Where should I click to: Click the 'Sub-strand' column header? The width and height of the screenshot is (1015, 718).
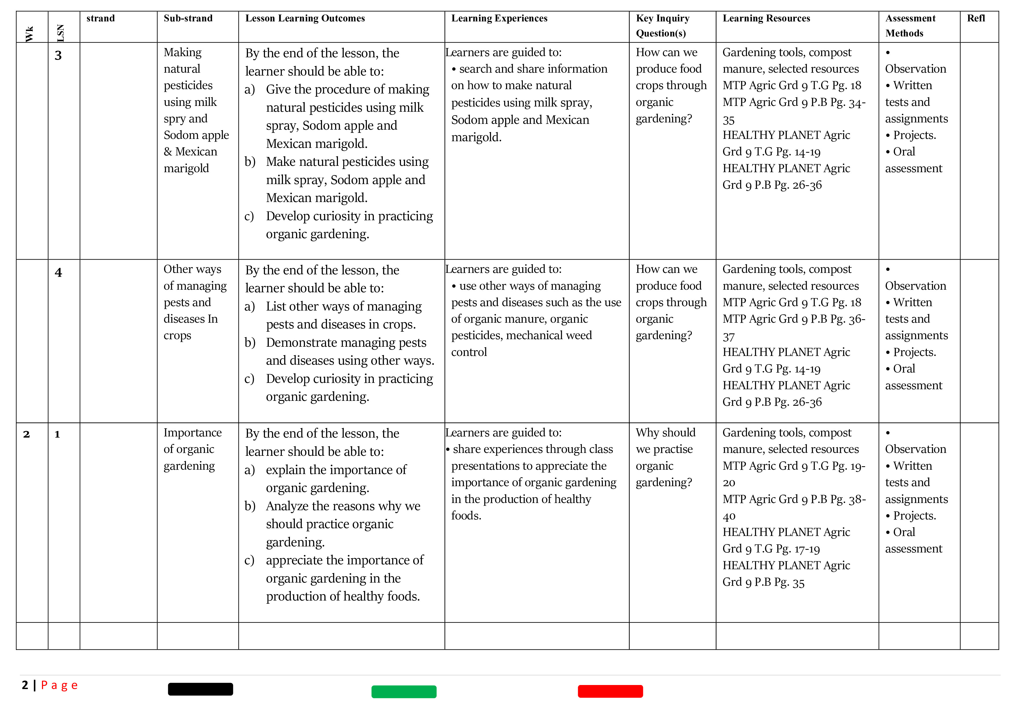[188, 19]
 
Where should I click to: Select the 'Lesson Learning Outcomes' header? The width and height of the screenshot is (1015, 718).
[305, 19]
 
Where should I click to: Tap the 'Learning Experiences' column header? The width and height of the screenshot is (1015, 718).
[499, 19]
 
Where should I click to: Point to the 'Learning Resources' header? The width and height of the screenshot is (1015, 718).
[766, 19]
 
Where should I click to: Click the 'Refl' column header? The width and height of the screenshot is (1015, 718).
[976, 19]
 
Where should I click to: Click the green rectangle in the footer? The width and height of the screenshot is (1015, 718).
[404, 691]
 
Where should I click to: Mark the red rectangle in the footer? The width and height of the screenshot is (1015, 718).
[610, 691]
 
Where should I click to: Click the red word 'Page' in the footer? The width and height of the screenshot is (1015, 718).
[59, 685]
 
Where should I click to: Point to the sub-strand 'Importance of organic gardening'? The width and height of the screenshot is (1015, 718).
[192, 449]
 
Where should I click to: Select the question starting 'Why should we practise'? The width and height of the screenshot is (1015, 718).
[665, 457]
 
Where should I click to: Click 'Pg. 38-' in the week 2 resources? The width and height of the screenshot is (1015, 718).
[847, 499]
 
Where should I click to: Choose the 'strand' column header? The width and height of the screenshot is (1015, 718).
[100, 19]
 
